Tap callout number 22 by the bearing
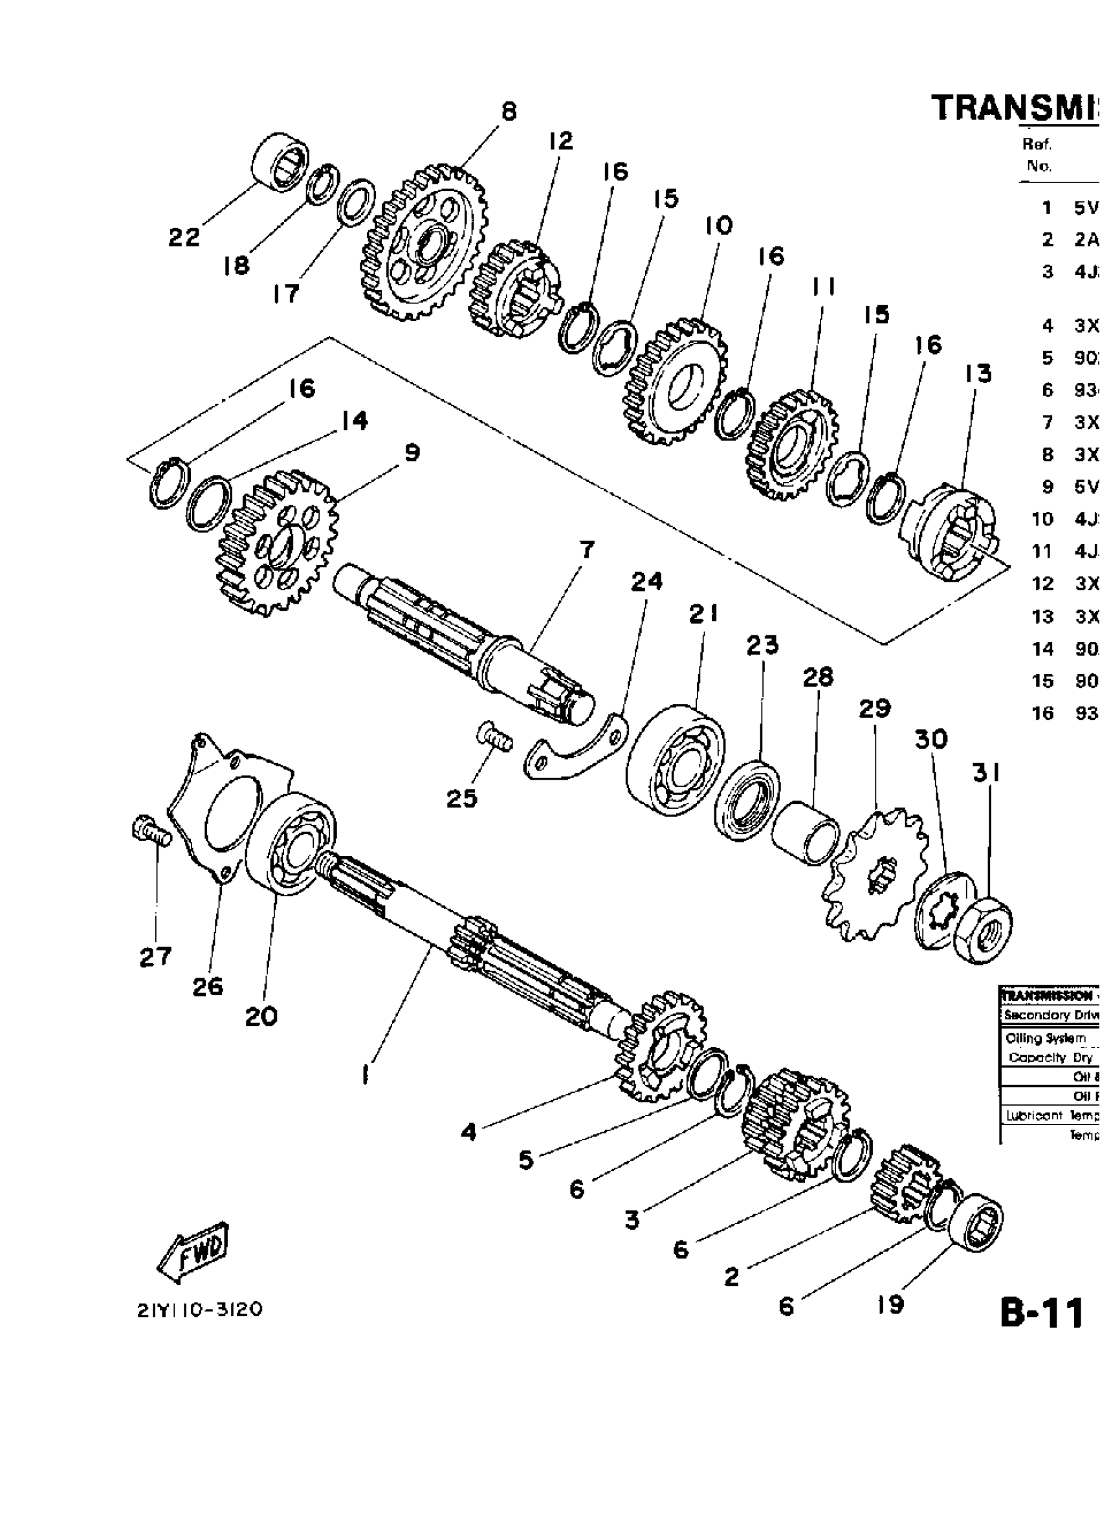pyautogui.click(x=184, y=237)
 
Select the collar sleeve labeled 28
pyautogui.click(x=806, y=833)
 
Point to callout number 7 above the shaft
pyautogui.click(x=586, y=550)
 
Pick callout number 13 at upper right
pyautogui.click(x=977, y=373)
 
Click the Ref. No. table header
pyautogui.click(x=1038, y=154)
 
